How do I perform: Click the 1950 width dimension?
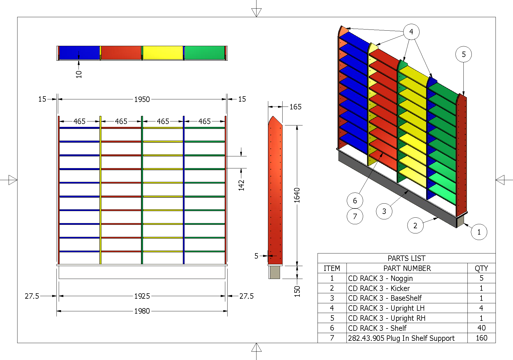(x=142, y=99)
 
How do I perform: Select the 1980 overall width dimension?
(x=142, y=311)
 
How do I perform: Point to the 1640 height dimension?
(x=297, y=195)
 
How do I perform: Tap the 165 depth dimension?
(x=295, y=107)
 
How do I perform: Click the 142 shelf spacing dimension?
(x=241, y=185)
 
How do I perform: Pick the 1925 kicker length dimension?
(x=142, y=296)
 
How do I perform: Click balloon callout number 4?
(x=411, y=32)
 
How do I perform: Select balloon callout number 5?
(x=463, y=54)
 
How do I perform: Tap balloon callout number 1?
(x=479, y=232)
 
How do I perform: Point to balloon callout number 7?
(x=355, y=217)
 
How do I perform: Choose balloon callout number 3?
(x=384, y=211)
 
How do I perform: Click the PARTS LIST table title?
(x=406, y=258)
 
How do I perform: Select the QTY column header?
(x=481, y=268)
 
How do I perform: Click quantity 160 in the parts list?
(x=481, y=338)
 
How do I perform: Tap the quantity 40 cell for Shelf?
(x=481, y=328)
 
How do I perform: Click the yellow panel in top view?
(x=163, y=53)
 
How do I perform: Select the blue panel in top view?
(x=79, y=53)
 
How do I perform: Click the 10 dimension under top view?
(x=79, y=74)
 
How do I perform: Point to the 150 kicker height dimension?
(x=297, y=291)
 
